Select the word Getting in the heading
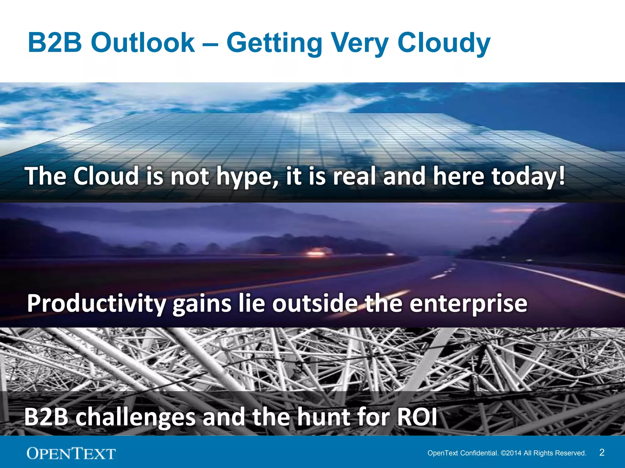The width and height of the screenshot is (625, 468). [x=274, y=43]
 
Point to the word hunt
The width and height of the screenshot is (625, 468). [x=323, y=417]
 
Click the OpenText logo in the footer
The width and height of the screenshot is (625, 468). [x=71, y=453]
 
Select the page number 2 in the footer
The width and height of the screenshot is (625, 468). [x=602, y=452]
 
